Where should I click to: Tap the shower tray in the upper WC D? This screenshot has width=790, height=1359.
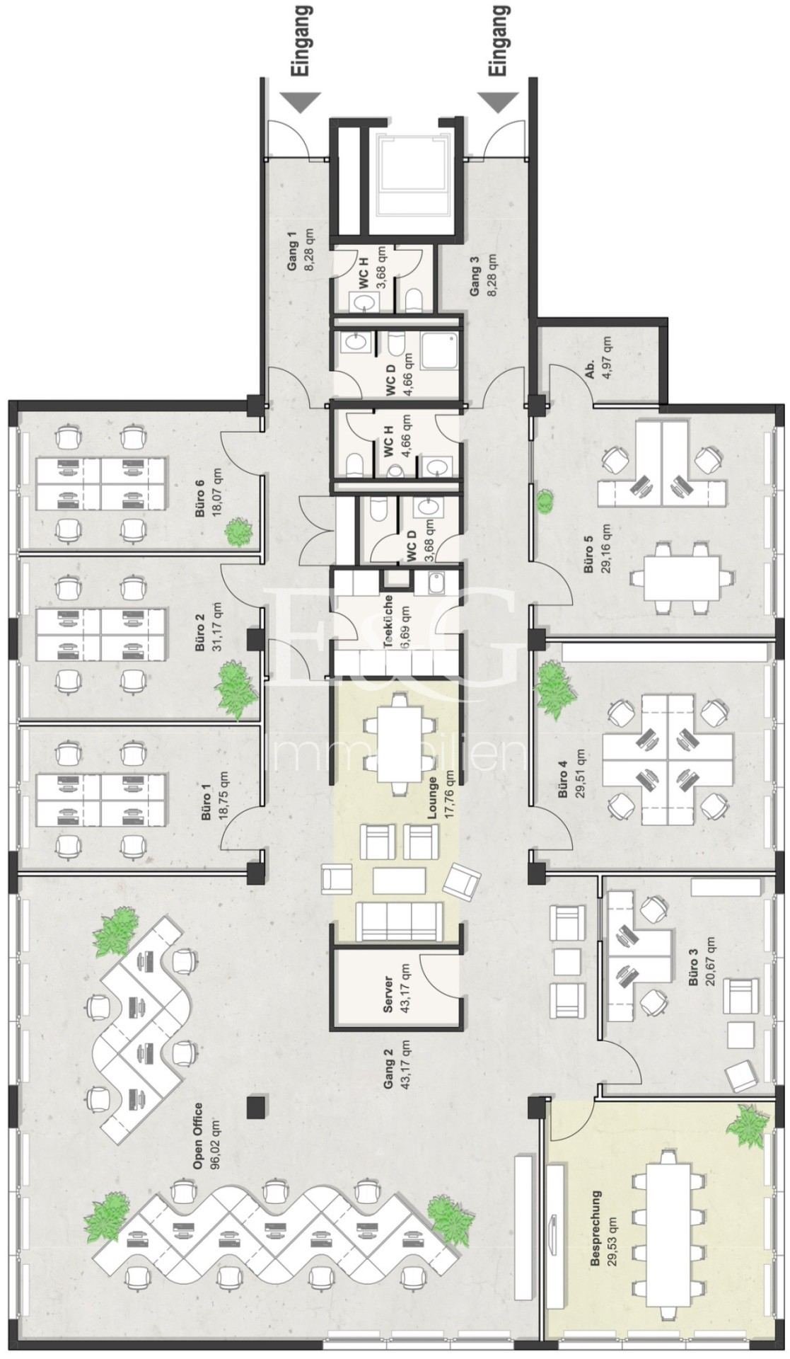pyautogui.click(x=443, y=351)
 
